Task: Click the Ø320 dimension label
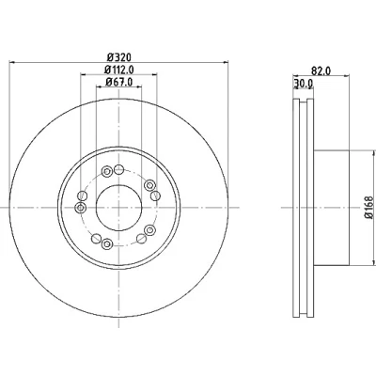tap(118, 57)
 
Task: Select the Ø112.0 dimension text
tap(118, 70)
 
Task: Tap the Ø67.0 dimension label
tap(119, 82)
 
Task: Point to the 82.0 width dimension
tap(321, 71)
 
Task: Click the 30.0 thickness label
tap(304, 84)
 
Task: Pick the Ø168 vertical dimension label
tap(369, 207)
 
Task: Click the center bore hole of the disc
tap(118, 208)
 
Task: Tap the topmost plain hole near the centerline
tap(118, 170)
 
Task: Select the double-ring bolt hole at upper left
tap(107, 171)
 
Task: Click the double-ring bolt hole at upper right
tap(149, 185)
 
